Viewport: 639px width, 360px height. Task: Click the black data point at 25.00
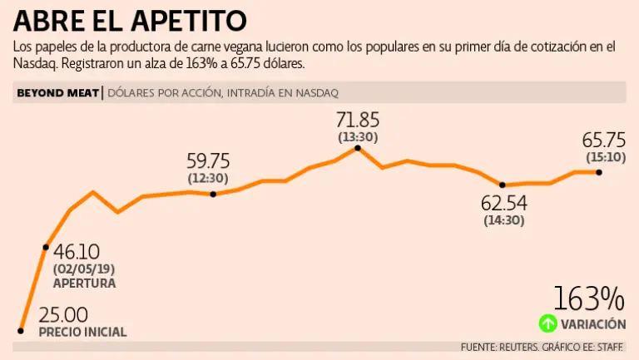pos(20,330)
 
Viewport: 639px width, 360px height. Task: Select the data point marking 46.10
pos(46,247)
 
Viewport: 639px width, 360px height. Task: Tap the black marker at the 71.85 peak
pos(358,148)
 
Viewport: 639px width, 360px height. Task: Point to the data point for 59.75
pos(214,194)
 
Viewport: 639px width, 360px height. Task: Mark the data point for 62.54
pos(502,185)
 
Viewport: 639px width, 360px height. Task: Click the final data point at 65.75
pos(599,172)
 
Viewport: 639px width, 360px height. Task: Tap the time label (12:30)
pos(209,178)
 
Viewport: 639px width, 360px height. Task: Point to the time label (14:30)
pos(503,221)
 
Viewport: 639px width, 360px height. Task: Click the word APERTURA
pos(84,284)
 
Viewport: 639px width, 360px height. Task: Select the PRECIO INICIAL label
pos(83,332)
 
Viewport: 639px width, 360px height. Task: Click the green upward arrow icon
pos(547,323)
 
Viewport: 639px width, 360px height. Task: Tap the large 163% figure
pos(588,298)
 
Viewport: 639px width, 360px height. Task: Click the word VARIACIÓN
pos(593,324)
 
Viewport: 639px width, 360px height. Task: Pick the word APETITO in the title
pos(189,19)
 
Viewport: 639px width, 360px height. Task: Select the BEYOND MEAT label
pos(57,92)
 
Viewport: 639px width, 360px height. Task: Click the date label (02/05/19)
pos(83,269)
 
